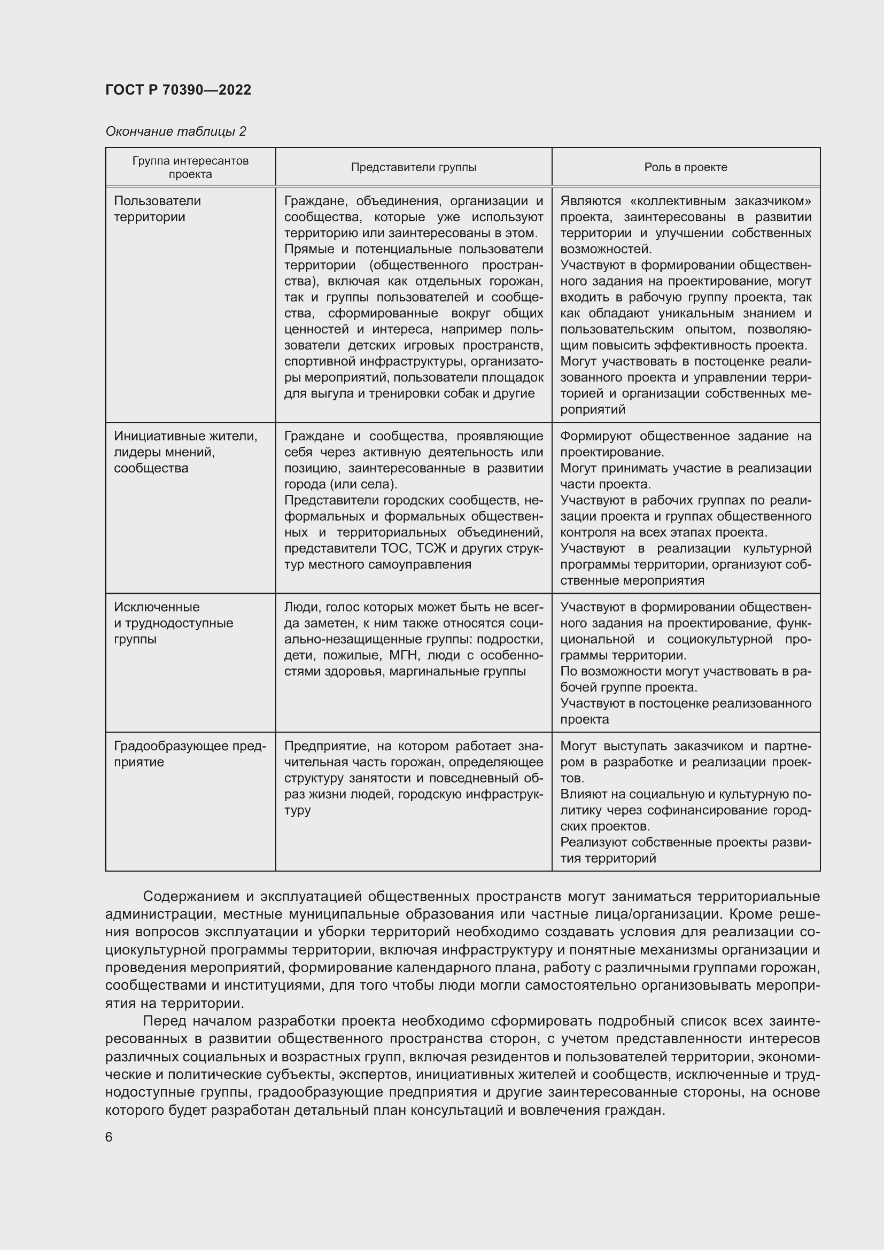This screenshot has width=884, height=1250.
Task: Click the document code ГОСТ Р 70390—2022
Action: [178, 90]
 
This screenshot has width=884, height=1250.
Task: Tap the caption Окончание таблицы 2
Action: [175, 131]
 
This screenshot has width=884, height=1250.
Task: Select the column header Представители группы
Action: [413, 167]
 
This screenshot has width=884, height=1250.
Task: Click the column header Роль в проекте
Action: [685, 167]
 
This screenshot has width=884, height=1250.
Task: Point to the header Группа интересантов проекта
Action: [190, 167]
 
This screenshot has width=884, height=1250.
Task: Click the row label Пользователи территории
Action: [157, 209]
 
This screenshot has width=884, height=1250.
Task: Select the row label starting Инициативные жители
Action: [185, 452]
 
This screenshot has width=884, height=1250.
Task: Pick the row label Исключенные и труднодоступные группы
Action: [173, 623]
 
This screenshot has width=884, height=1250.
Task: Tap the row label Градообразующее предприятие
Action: [189, 754]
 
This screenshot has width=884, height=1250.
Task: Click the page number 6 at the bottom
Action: [109, 1137]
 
